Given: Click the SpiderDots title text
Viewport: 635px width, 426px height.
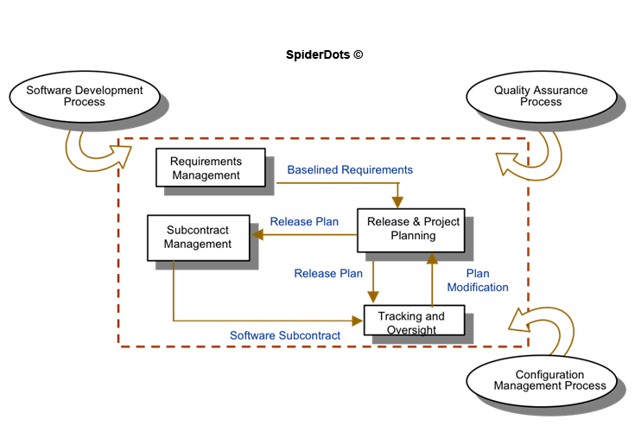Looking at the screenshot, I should (319, 54).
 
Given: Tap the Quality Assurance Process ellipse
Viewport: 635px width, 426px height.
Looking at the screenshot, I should (540, 96).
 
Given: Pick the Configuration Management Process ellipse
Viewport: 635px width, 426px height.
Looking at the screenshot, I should (543, 380).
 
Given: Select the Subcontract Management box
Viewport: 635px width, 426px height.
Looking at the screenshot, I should (198, 238).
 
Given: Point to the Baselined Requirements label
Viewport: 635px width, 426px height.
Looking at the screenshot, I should (350, 170).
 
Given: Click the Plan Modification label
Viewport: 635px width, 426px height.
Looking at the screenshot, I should (476, 280).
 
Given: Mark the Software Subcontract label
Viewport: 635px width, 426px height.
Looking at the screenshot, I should (285, 335).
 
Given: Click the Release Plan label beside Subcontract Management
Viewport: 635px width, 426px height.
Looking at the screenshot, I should (304, 221).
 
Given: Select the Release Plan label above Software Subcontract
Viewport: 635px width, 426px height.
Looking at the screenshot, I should (328, 273).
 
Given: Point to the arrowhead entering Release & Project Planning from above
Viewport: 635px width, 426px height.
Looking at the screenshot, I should (397, 203).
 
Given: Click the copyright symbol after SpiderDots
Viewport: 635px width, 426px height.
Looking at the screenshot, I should (358, 54).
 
